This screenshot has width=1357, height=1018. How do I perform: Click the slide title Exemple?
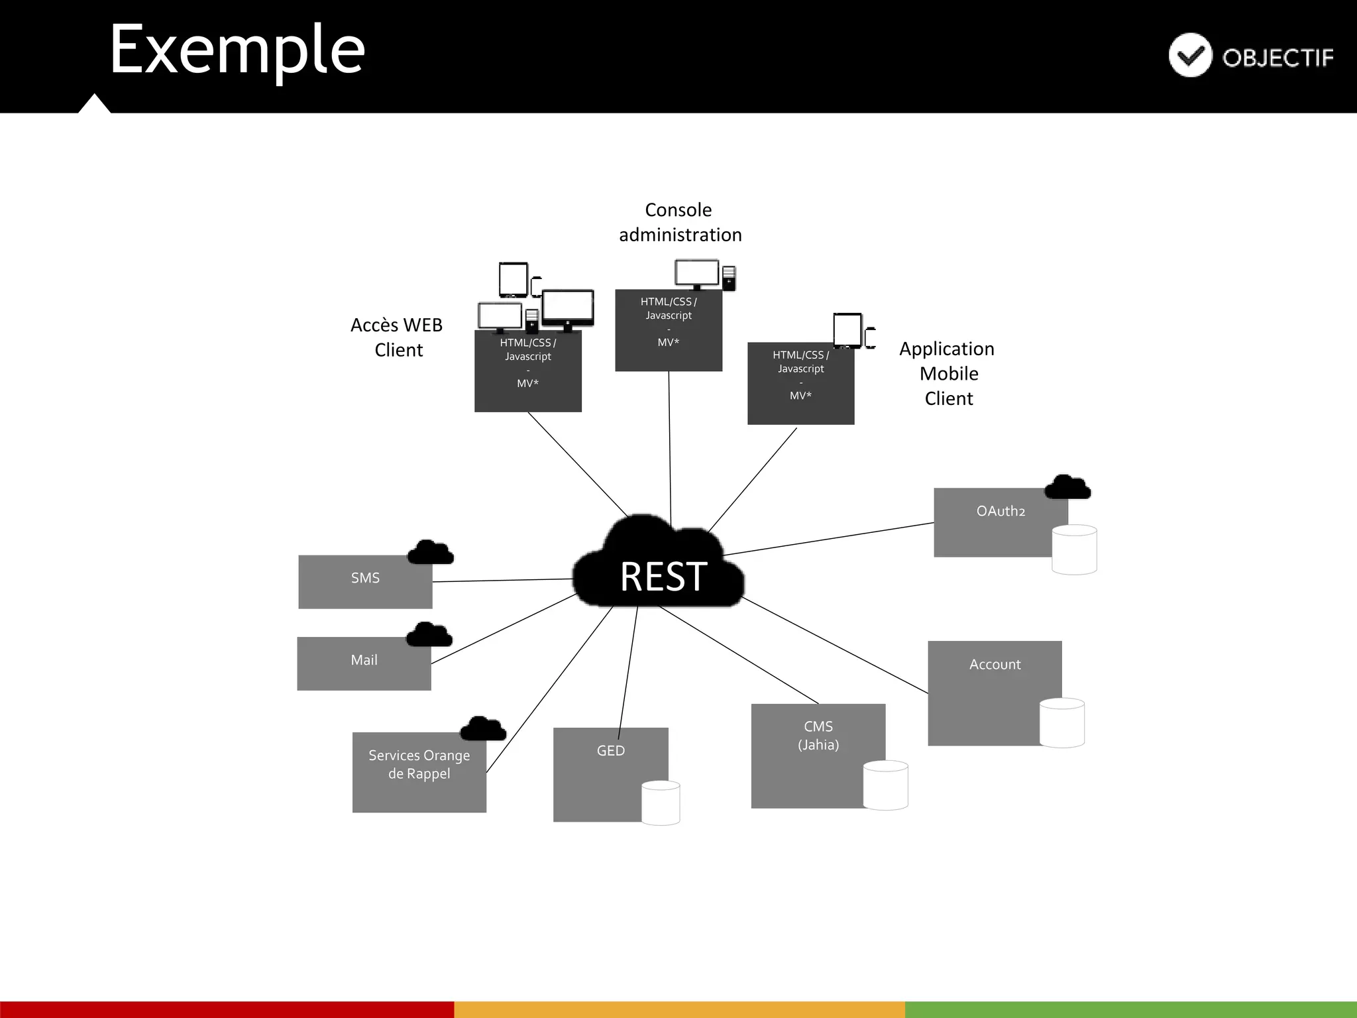click(237, 49)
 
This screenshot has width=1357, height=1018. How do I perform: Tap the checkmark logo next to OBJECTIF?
click(1190, 55)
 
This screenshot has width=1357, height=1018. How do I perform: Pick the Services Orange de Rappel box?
click(419, 772)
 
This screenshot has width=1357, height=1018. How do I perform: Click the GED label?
click(610, 750)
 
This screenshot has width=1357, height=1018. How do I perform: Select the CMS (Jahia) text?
click(818, 736)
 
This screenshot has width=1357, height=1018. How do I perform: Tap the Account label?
click(995, 664)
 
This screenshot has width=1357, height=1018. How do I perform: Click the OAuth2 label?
click(1001, 511)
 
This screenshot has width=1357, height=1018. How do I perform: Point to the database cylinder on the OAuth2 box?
click(1074, 549)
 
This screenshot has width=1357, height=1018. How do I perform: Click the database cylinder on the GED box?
click(661, 803)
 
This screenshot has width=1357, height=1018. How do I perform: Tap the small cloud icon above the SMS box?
click(431, 553)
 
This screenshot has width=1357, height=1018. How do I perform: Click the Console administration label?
click(680, 222)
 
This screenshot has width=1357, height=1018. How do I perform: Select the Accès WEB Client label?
click(397, 337)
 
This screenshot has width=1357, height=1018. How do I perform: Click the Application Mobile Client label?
click(948, 373)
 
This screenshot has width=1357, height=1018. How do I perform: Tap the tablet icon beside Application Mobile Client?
click(847, 330)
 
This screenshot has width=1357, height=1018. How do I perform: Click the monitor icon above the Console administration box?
click(696, 273)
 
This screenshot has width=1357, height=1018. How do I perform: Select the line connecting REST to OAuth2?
click(828, 539)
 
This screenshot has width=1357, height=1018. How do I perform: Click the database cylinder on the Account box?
click(1061, 722)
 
